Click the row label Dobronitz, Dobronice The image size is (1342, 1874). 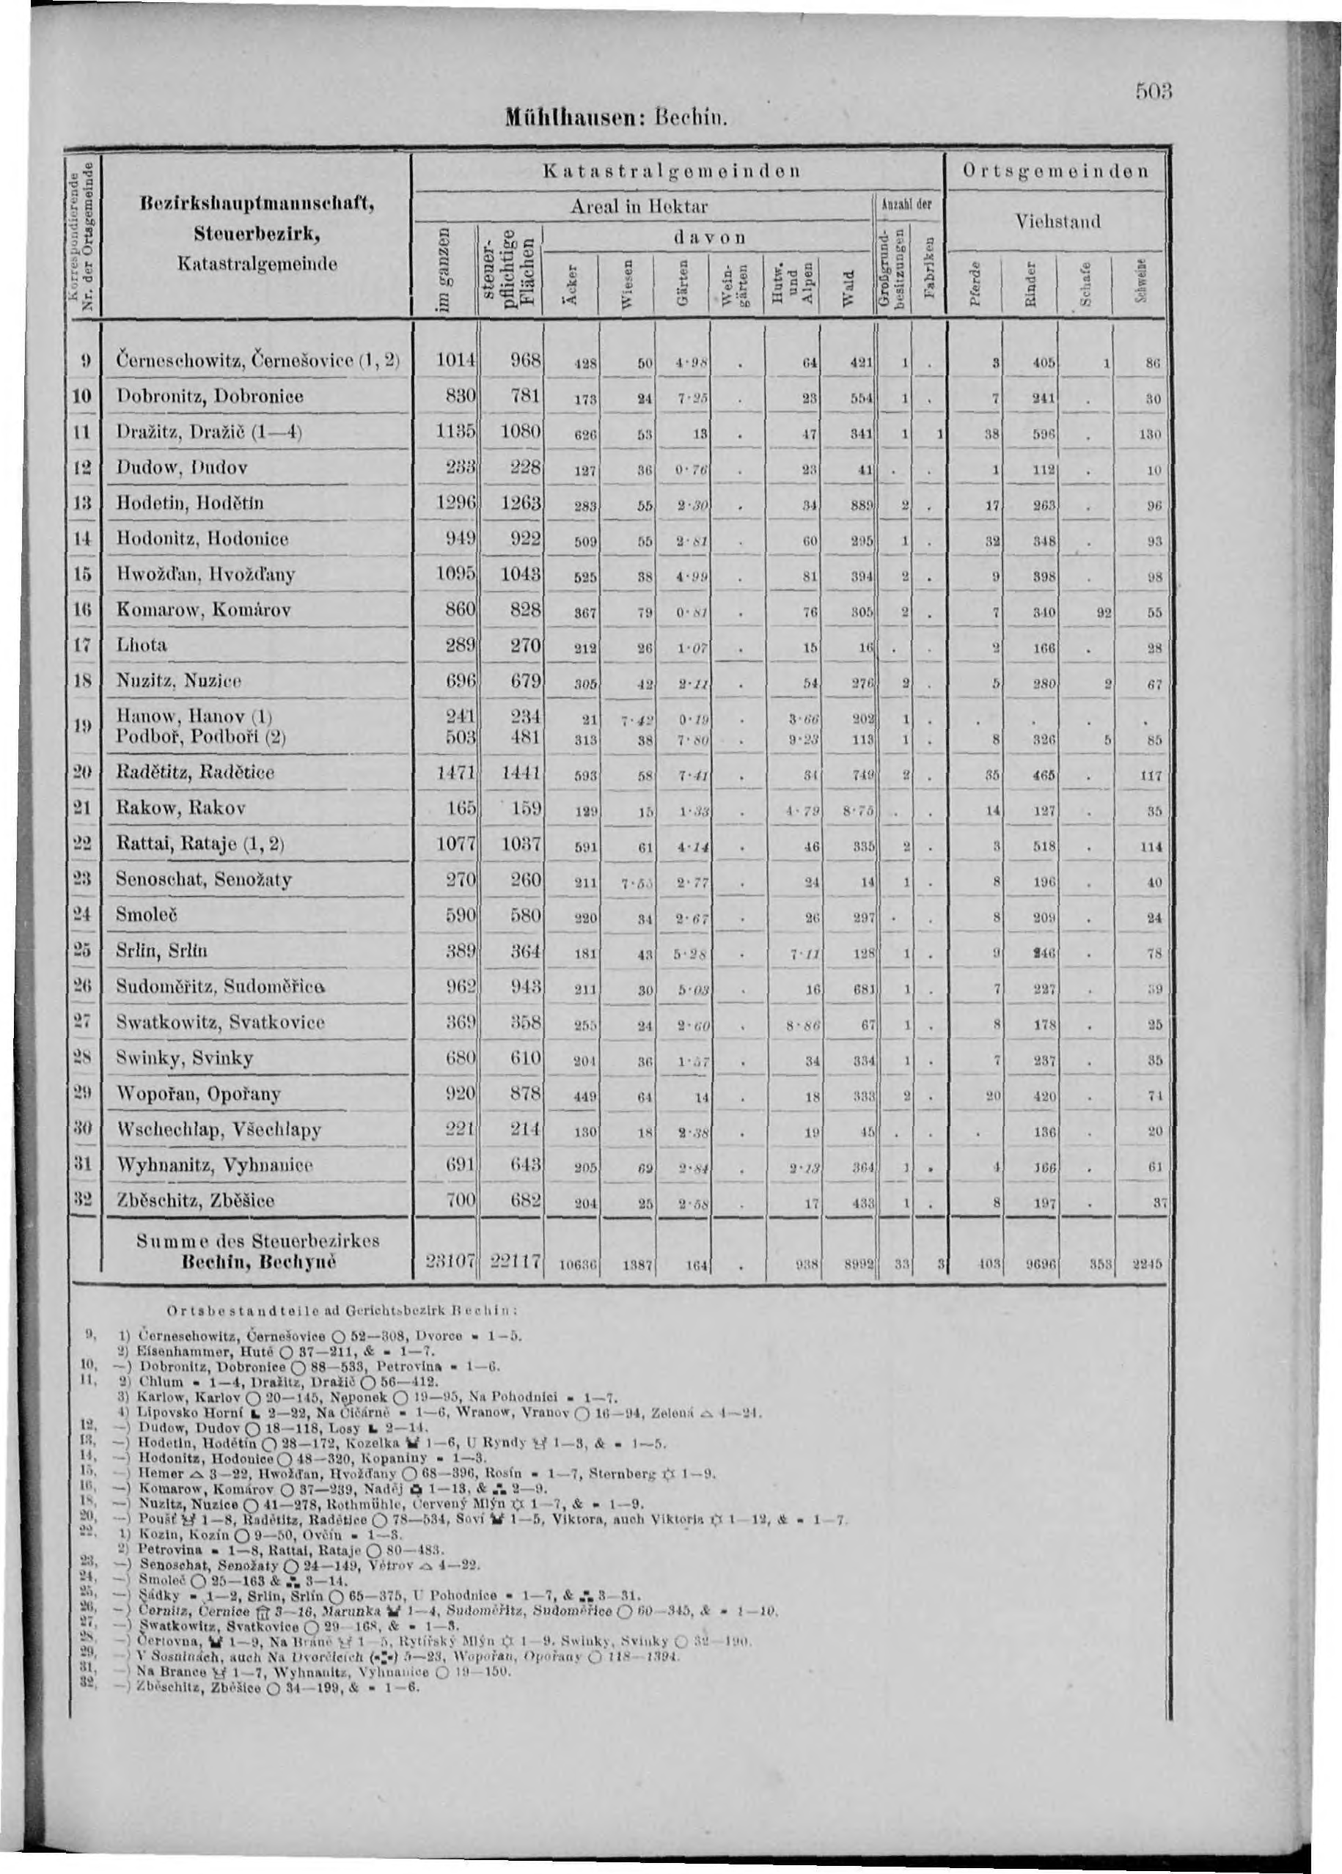(x=210, y=397)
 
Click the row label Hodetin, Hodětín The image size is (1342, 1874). (x=191, y=503)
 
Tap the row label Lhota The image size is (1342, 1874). (x=142, y=645)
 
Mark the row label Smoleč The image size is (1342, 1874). (x=148, y=916)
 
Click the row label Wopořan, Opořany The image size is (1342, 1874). (x=200, y=1094)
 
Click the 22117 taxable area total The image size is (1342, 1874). (x=513, y=1262)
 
